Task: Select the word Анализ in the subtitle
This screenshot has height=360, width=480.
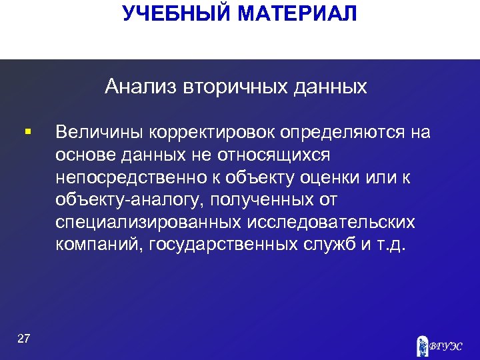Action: coord(137,87)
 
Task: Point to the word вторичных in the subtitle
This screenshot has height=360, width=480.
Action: coord(220,87)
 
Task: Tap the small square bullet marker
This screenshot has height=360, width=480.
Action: coord(26,132)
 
